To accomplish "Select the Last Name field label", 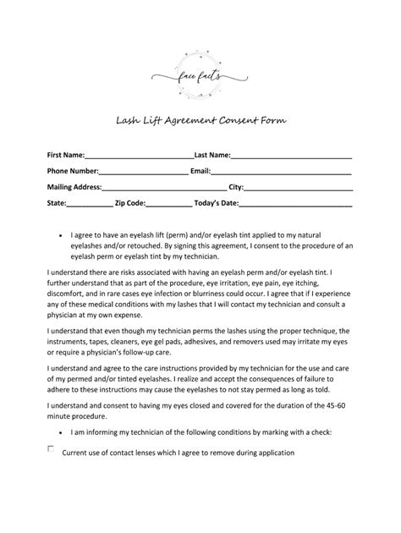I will coord(212,155).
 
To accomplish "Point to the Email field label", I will coord(200,171).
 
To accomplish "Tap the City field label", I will coord(236,187).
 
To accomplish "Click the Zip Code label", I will coord(135,203).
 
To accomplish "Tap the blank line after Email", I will coord(282,173).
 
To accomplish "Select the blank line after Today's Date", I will coord(295,205).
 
